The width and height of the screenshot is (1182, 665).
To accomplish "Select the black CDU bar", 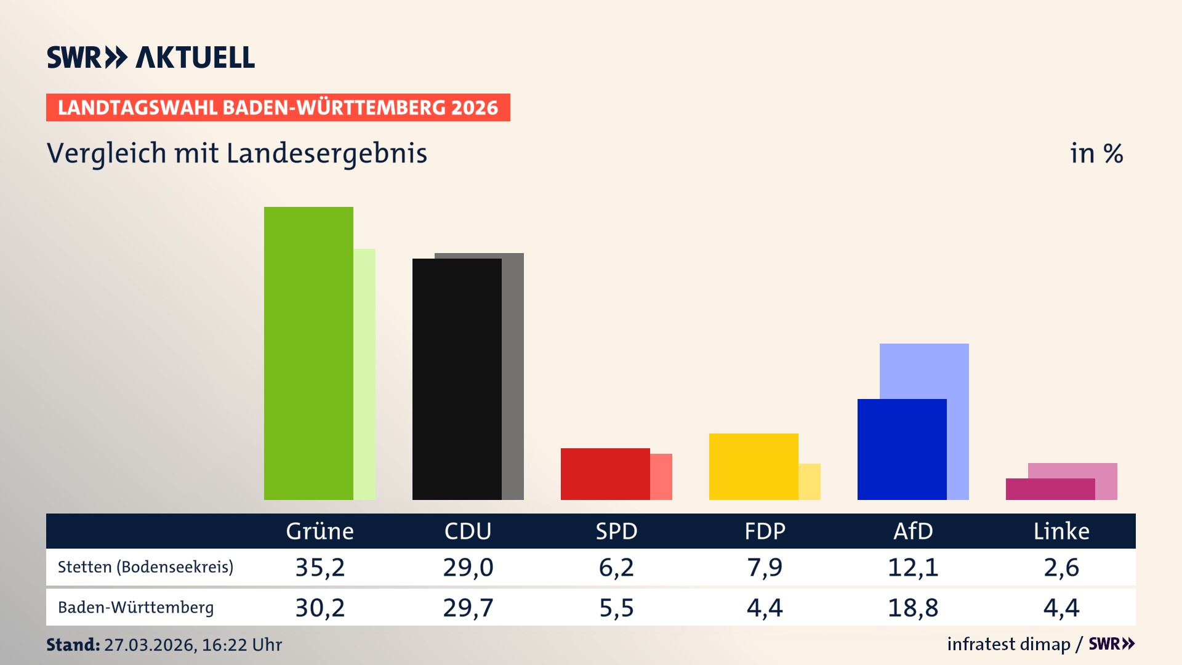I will pyautogui.click(x=457, y=379).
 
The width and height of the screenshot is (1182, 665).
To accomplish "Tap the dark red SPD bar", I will pyautogui.click(x=605, y=474).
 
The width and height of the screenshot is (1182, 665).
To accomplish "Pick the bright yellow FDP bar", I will pyautogui.click(x=754, y=466).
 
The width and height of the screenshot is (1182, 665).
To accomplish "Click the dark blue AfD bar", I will pyautogui.click(x=902, y=449).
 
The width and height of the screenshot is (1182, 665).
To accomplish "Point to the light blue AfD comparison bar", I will pyautogui.click(x=925, y=370).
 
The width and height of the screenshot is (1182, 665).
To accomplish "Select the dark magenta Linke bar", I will pyautogui.click(x=1050, y=489).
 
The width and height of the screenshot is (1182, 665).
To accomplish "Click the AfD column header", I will pyautogui.click(x=913, y=531).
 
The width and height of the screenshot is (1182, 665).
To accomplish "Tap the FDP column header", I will pyautogui.click(x=765, y=531).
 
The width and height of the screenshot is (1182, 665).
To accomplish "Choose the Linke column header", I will pyautogui.click(x=1061, y=531).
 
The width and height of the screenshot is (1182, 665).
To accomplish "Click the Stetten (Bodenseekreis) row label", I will pyautogui.click(x=146, y=567).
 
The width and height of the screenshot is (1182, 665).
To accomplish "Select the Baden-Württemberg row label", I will pyautogui.click(x=136, y=608).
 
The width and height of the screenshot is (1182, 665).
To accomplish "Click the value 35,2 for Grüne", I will pyautogui.click(x=320, y=567).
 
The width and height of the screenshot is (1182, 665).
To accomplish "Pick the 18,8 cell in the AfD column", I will pyautogui.click(x=913, y=608).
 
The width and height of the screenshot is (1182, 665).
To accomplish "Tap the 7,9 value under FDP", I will pyautogui.click(x=765, y=567).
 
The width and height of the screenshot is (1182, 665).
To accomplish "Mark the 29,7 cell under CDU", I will pyautogui.click(x=468, y=608).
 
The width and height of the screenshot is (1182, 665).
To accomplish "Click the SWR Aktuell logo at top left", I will pyautogui.click(x=151, y=57).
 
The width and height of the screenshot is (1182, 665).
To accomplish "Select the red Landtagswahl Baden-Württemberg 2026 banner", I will pyautogui.click(x=278, y=107).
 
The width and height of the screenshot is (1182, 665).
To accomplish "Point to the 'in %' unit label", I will pyautogui.click(x=1096, y=153).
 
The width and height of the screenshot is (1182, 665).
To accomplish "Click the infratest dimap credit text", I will pyautogui.click(x=1008, y=644).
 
